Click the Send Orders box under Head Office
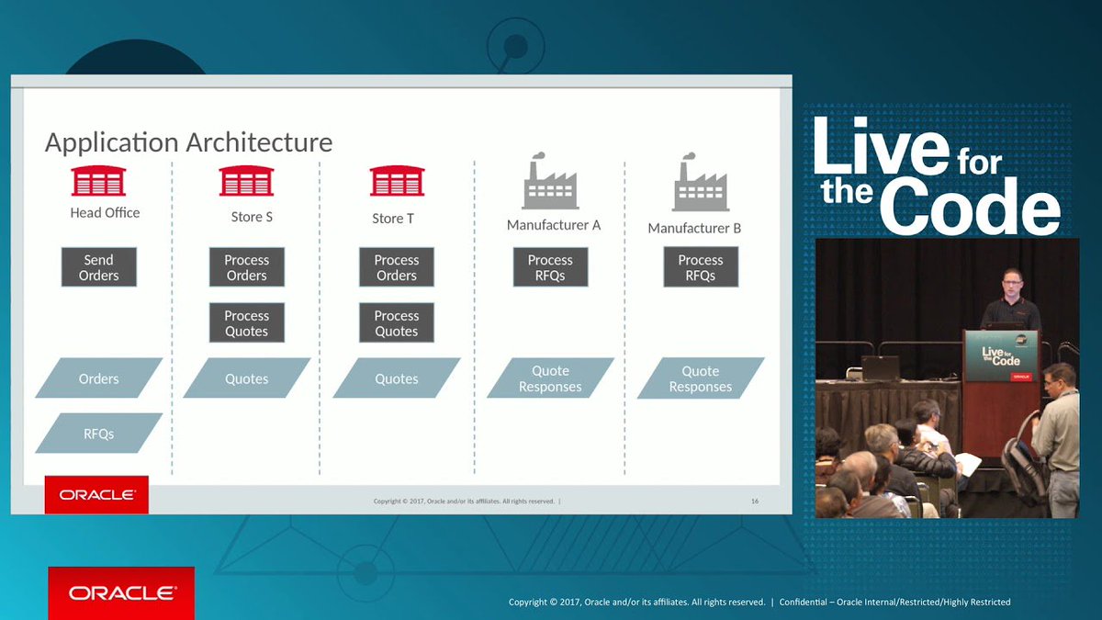[99, 267]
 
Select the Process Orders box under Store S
[247, 267]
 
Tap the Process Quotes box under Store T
[397, 323]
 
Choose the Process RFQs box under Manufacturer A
[550, 267]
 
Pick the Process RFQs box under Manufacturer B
[701, 267]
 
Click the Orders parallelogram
[99, 378]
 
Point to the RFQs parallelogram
[99, 434]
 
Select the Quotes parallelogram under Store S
[247, 378]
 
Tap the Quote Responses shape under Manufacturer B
[701, 378]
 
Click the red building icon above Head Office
[98, 181]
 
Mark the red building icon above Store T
[397, 181]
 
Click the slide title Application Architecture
[188, 142]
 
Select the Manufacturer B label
[694, 228]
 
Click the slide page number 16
[755, 502]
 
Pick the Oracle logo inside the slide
[96, 494]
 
